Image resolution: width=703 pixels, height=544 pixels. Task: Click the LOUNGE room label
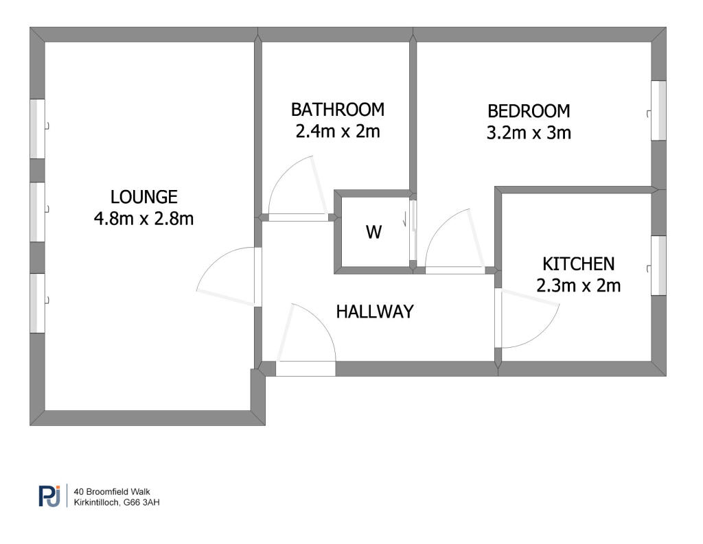click(144, 197)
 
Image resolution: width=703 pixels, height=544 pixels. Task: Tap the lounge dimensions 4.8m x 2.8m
click(144, 219)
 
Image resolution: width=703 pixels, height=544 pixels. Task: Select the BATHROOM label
click(338, 110)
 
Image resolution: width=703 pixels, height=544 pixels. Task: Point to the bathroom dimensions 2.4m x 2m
click(338, 131)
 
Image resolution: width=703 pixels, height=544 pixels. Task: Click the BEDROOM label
click(529, 111)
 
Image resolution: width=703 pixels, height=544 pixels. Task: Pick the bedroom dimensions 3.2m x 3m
click(529, 132)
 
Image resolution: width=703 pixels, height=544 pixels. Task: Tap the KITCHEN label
click(578, 264)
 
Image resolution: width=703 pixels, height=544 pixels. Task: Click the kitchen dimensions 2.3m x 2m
click(578, 285)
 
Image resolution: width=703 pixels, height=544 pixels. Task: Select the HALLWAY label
click(375, 311)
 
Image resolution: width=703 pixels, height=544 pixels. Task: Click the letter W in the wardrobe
click(374, 232)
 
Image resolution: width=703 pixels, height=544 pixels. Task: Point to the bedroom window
click(658, 110)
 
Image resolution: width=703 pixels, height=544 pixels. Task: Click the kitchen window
click(658, 265)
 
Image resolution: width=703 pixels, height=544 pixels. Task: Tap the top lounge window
click(38, 129)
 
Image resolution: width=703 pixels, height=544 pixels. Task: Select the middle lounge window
click(38, 212)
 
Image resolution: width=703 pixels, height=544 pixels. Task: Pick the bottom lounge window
click(38, 303)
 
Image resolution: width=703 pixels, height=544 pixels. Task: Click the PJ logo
click(49, 496)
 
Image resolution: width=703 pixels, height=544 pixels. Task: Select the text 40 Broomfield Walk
click(112, 492)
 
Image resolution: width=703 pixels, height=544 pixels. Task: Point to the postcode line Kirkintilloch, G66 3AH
click(117, 502)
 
